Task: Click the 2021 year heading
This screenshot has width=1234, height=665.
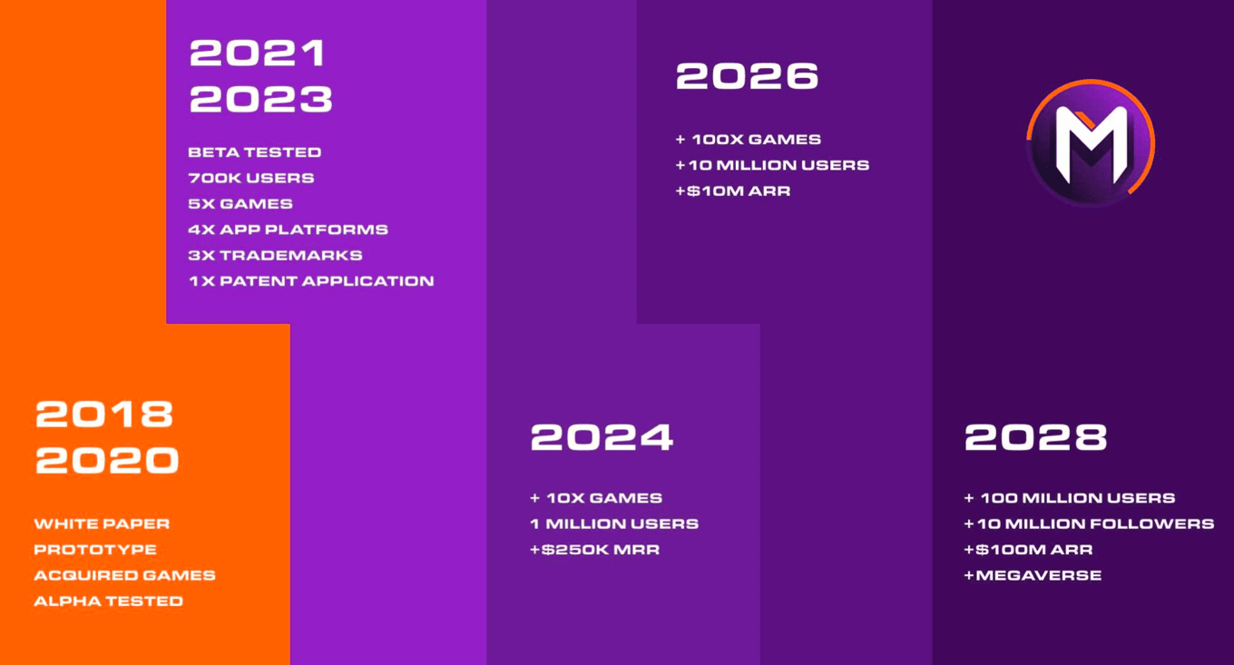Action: coord(258,53)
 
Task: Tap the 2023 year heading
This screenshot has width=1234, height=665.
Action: coord(260,99)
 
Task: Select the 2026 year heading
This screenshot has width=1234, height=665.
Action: coord(747,75)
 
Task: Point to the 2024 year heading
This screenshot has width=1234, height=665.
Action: coord(602,437)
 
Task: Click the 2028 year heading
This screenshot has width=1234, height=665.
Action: coord(1035,437)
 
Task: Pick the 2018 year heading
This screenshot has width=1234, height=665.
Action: coord(104,414)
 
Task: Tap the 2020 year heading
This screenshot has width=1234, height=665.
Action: coord(107,460)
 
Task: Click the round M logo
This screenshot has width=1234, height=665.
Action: coord(1091,143)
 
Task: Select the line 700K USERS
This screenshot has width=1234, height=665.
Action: coord(251,178)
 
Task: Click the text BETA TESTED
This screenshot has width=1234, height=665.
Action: coord(254,152)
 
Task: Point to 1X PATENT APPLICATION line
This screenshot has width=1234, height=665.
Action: coord(311,281)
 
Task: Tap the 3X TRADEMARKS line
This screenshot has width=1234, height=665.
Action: coord(276,255)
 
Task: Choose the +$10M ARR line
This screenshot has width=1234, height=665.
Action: coord(733,191)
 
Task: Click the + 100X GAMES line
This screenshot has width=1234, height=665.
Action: coord(749,140)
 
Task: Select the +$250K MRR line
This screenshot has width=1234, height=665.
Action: coord(595,549)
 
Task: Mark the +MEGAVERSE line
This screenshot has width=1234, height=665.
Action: coord(1033,575)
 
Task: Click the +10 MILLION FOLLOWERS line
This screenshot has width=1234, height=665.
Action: coord(1089,523)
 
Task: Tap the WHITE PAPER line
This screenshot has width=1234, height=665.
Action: coord(102,523)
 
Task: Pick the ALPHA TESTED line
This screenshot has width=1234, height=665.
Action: coord(109,601)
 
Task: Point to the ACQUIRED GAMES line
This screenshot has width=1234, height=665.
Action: coord(125,575)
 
